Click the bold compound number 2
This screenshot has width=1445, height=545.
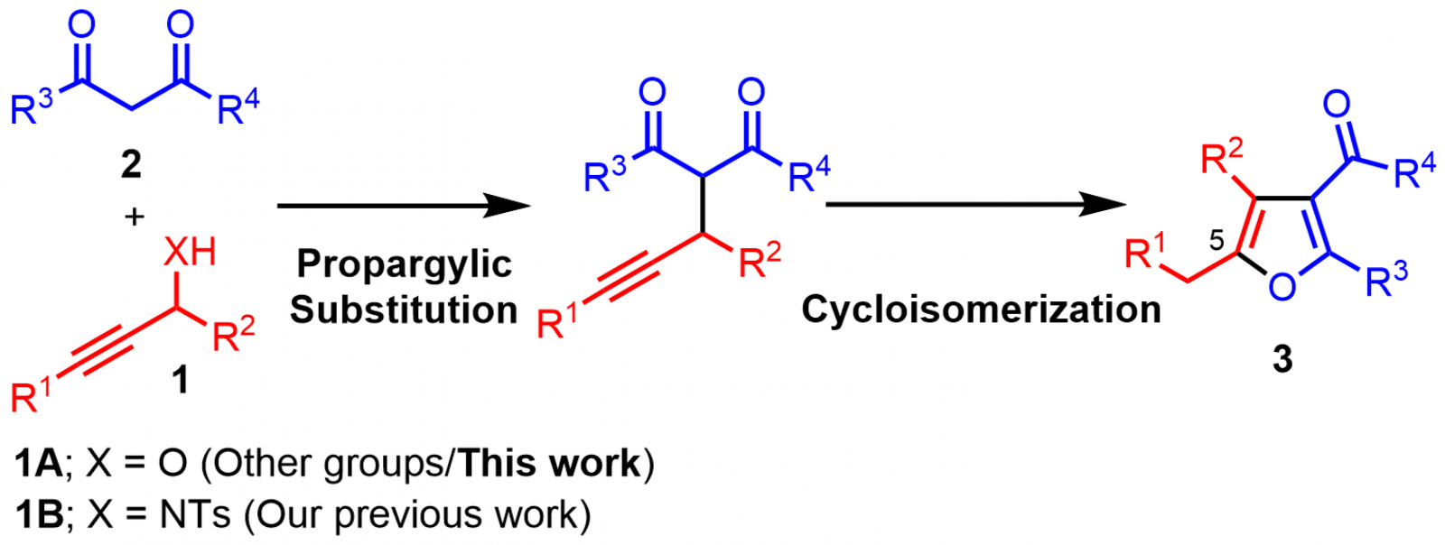click(131, 165)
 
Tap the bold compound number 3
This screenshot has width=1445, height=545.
click(1282, 359)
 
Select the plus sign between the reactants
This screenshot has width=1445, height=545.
click(135, 217)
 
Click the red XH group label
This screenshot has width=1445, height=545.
click(190, 252)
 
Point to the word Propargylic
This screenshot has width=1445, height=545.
click(405, 265)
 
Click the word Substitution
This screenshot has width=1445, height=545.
click(404, 309)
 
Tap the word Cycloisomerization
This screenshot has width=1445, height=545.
click(981, 309)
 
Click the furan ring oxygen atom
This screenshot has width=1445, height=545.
click(1282, 286)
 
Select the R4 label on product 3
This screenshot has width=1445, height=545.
click(1415, 171)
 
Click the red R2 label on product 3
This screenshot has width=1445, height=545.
click(1222, 157)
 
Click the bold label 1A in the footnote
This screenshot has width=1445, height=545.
click(39, 463)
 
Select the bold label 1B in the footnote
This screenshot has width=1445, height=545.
click(39, 514)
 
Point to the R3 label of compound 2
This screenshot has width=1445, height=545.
click(32, 107)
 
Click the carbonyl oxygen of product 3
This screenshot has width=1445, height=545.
click(1336, 104)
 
